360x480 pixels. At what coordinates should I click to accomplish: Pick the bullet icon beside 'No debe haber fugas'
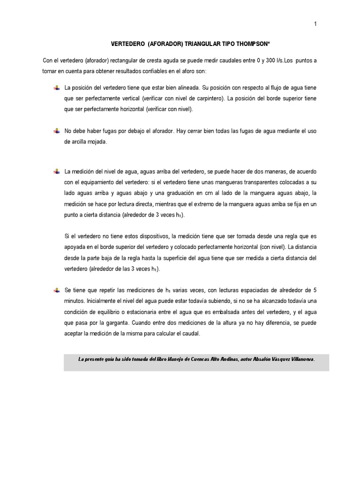point(57,131)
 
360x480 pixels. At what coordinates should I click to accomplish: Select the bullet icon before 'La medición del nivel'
point(57,172)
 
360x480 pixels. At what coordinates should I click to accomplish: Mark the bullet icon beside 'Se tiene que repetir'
point(57,290)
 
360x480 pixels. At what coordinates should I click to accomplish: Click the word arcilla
point(80,142)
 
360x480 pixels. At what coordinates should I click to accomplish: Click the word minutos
point(75,301)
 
